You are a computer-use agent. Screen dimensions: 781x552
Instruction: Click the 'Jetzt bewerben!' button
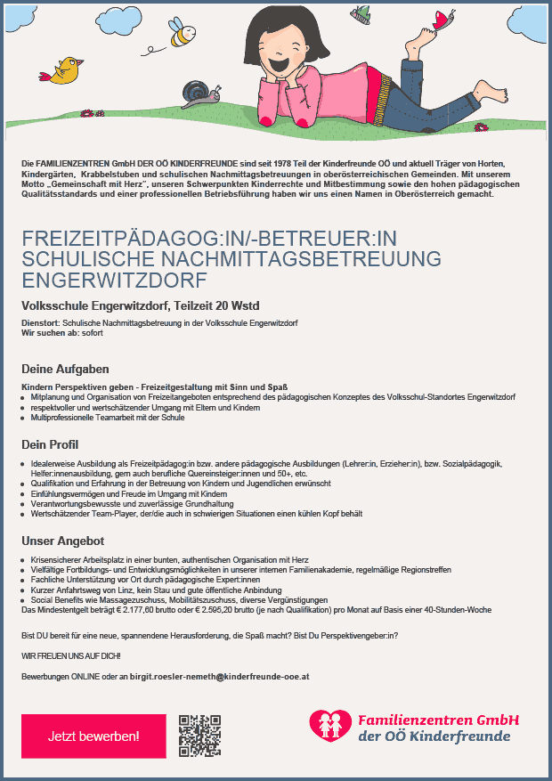[x=93, y=736]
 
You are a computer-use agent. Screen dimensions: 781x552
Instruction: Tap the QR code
[x=199, y=736]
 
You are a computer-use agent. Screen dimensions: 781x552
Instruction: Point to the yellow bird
[x=65, y=70]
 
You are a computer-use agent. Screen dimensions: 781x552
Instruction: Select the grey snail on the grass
[x=198, y=91]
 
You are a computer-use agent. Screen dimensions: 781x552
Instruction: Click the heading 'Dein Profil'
[x=50, y=444]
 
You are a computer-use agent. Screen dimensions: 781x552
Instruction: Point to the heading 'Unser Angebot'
[x=63, y=541]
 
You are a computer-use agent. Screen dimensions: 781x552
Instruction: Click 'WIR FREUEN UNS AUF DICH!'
[x=70, y=655]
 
